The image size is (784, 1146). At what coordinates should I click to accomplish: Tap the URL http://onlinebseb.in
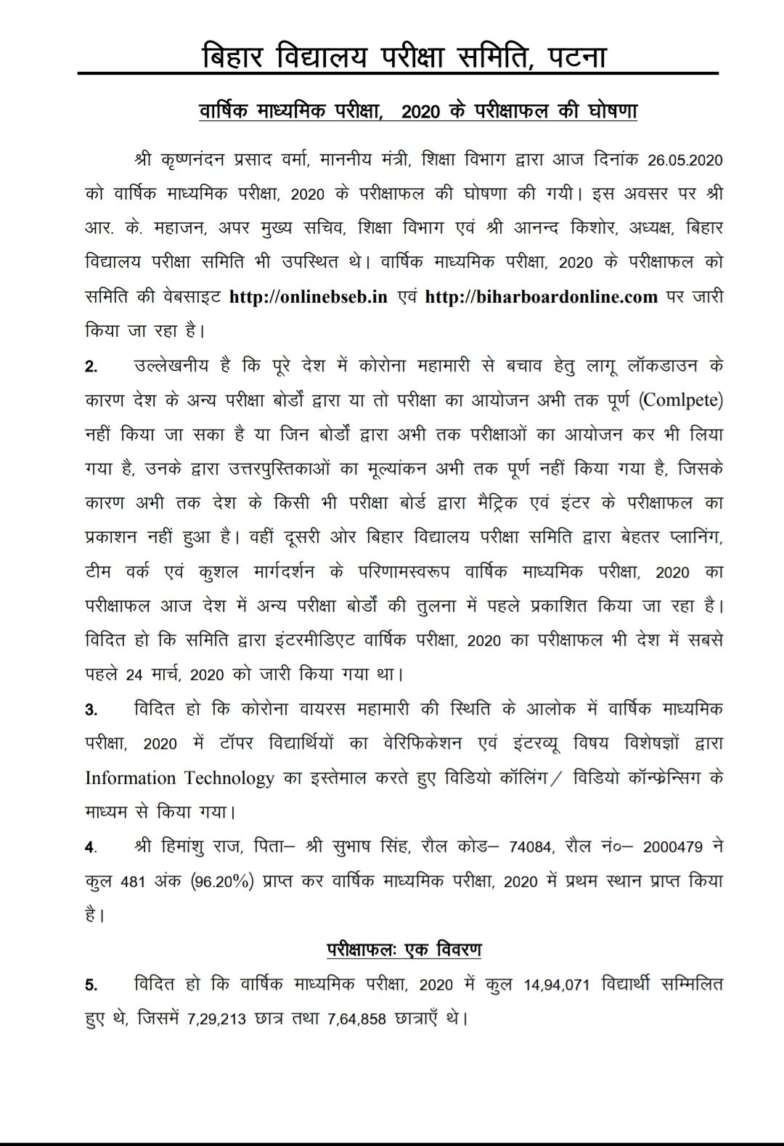[309, 297]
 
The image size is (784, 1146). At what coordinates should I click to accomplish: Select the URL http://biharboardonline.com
[541, 297]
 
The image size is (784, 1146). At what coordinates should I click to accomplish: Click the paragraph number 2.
[91, 367]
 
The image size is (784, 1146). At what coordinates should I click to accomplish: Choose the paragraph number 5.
[91, 986]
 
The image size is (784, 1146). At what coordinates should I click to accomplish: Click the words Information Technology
[179, 778]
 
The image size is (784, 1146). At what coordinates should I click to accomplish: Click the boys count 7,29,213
[217, 1019]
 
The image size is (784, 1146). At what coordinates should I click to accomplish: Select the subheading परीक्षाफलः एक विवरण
[404, 950]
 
